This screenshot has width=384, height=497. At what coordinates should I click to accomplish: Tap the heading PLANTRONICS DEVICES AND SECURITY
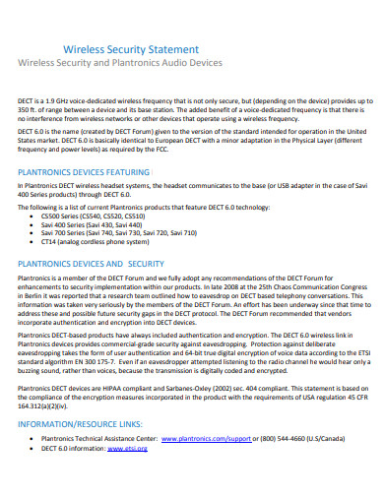coord(92,264)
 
